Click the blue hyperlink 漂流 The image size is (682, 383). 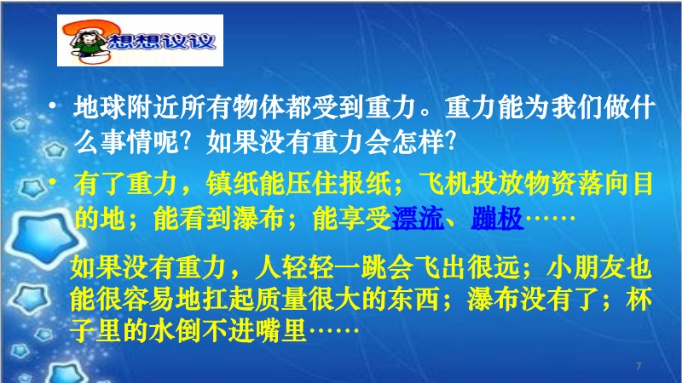(418, 218)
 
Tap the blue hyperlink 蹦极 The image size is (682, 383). (497, 218)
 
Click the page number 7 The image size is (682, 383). (639, 366)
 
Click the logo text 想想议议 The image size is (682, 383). (161, 41)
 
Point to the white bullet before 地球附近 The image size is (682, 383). (53, 106)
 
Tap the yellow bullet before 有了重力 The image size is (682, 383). (53, 181)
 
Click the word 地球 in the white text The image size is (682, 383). (100, 107)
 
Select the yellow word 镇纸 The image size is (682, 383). (232, 184)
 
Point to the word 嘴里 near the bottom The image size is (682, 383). (280, 331)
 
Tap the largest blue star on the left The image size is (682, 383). (45, 237)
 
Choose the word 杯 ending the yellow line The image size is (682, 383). (639, 300)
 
